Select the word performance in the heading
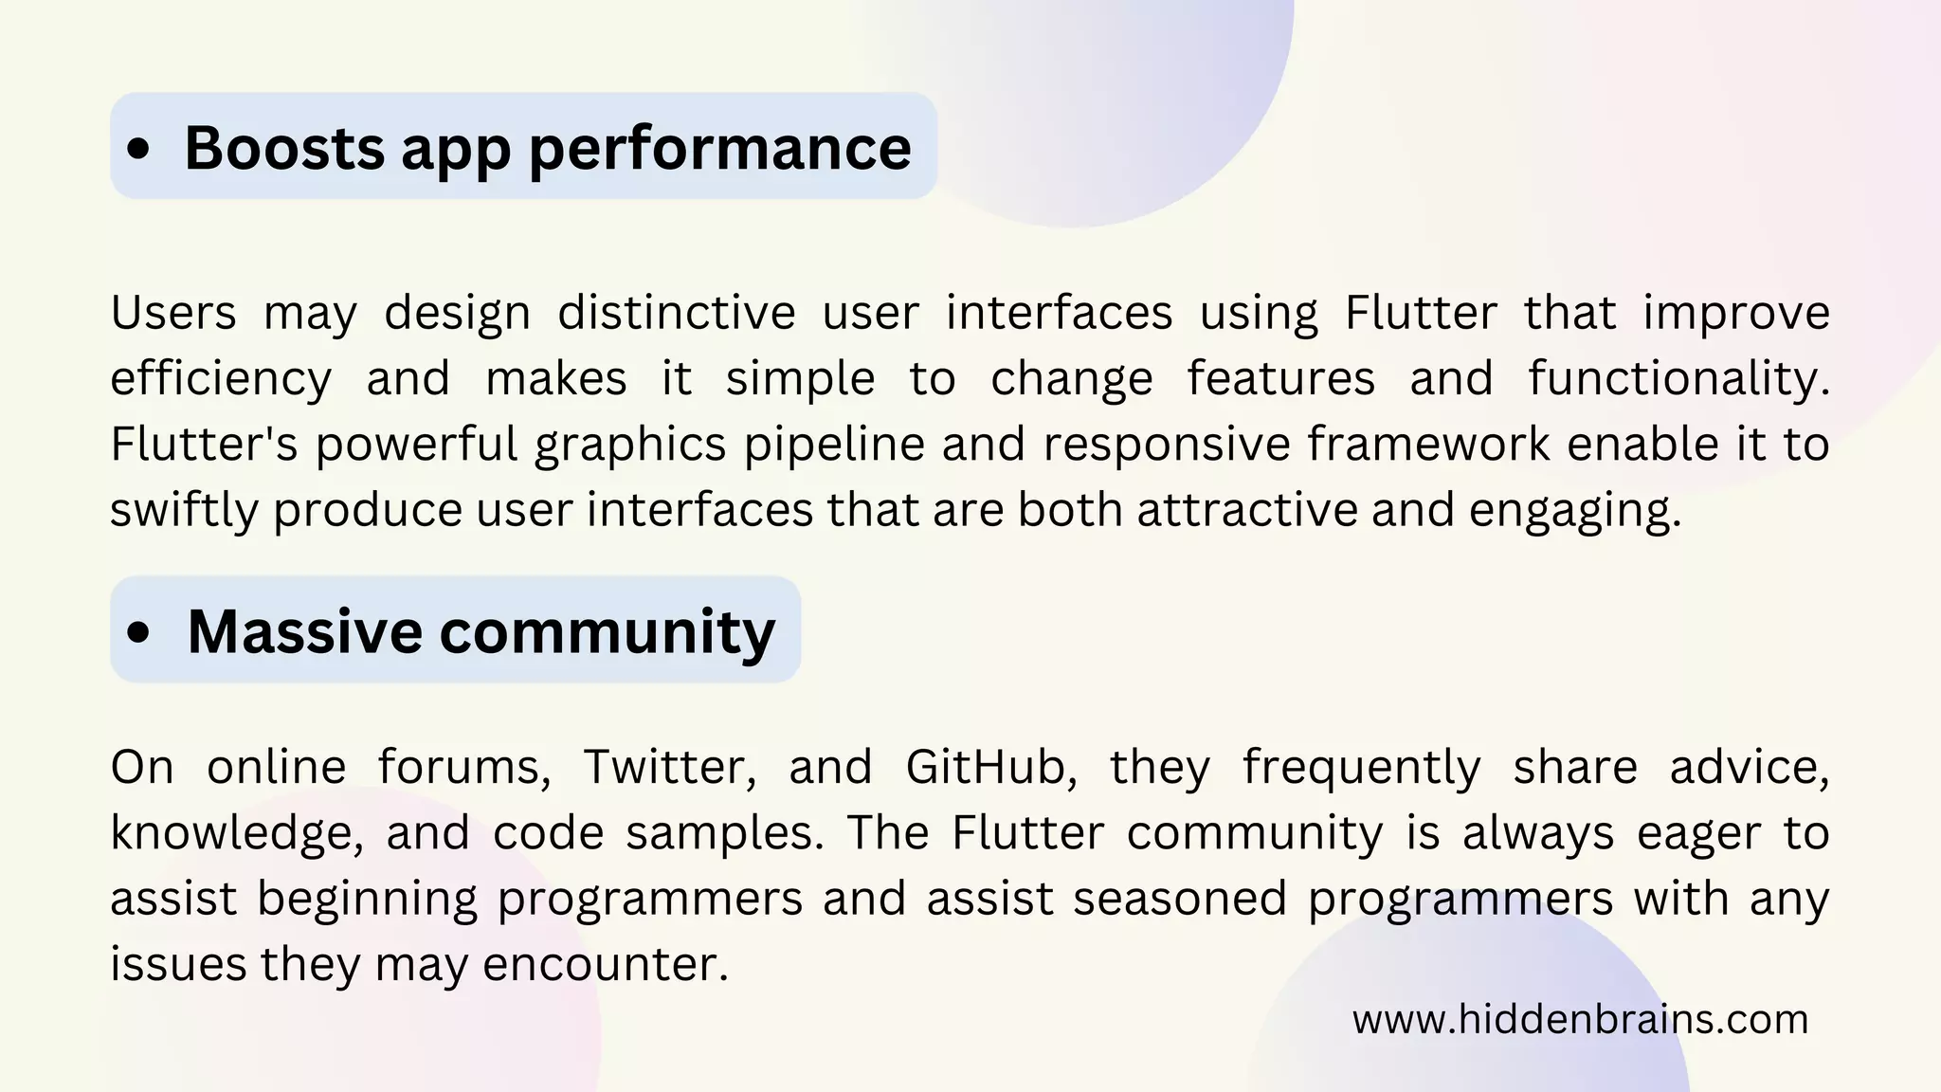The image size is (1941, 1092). pos(719,150)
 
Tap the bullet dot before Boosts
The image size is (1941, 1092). pos(138,149)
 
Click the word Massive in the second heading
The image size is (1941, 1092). pos(304,631)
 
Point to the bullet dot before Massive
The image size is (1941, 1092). pos(138,632)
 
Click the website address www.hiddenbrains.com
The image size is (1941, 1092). pos(1580,1020)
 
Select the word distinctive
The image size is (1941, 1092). pos(676,313)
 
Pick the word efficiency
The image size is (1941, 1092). pos(221,379)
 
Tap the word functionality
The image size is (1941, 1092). pos(1678,379)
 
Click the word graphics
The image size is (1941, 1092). pos(630,445)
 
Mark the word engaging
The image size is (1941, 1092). pos(1574,511)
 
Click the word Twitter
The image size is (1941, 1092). pos(669,767)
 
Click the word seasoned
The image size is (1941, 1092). pos(1180,899)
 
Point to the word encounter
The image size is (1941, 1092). pos(605,965)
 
